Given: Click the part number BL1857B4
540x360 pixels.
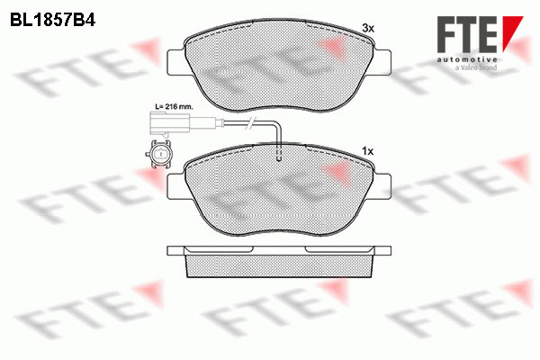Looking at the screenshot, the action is click(x=53, y=21).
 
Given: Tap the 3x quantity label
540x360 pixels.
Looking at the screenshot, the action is click(x=368, y=28).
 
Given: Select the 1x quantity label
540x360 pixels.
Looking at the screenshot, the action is click(x=368, y=151).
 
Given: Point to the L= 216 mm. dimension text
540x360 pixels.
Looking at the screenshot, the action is click(x=174, y=107).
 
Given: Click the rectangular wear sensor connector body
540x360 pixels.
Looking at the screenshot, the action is click(x=169, y=123).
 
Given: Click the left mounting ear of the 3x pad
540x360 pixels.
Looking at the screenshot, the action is click(x=176, y=62).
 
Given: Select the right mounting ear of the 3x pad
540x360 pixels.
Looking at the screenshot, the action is click(x=382, y=62).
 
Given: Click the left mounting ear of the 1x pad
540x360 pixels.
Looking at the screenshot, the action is click(x=176, y=186).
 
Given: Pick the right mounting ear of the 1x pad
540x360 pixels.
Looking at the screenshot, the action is click(x=382, y=186).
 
